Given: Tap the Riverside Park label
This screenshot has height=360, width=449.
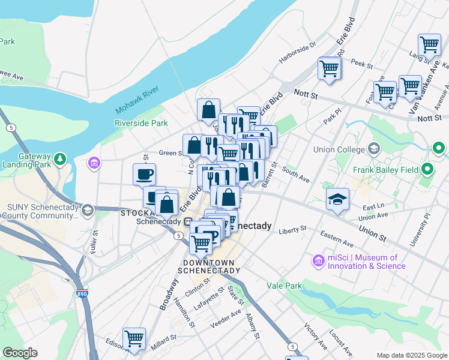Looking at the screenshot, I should tap(142, 123).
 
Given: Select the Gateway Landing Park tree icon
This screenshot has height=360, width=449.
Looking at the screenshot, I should tap(59, 159).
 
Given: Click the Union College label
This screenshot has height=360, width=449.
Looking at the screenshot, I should tap(339, 149).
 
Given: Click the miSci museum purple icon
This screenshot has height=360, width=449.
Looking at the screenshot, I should tap(318, 260).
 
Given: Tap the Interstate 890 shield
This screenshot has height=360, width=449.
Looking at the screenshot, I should tap(82, 294).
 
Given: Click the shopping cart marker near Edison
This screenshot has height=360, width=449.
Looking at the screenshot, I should tap(134, 338).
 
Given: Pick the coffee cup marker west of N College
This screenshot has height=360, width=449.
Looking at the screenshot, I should tap(144, 175).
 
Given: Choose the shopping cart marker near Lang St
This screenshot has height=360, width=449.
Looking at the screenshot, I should tap(429, 44).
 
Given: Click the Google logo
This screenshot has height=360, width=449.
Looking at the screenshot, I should tap(20, 353).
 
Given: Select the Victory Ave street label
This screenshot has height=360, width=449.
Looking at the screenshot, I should tap(315, 337).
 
